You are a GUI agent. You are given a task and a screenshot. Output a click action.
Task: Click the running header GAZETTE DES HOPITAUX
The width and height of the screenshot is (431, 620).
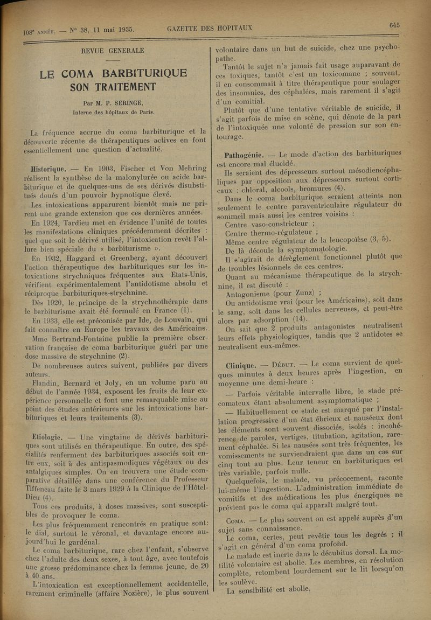pos(210,28)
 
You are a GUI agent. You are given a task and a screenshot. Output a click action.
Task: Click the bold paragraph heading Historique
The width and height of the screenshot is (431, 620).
pos(48,168)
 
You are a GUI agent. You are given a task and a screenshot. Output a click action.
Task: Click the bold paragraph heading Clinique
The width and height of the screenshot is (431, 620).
pos(241,365)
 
